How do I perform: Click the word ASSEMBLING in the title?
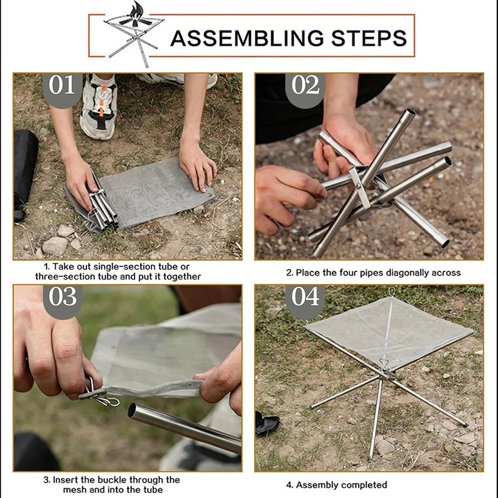point(247,38)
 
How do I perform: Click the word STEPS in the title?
point(369,38)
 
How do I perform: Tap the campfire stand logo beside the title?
point(134,34)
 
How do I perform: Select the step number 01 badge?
point(62,89)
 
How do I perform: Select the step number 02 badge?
point(305,90)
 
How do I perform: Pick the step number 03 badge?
point(63,301)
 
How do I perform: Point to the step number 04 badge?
point(305,301)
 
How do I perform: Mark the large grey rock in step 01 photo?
point(55,246)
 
